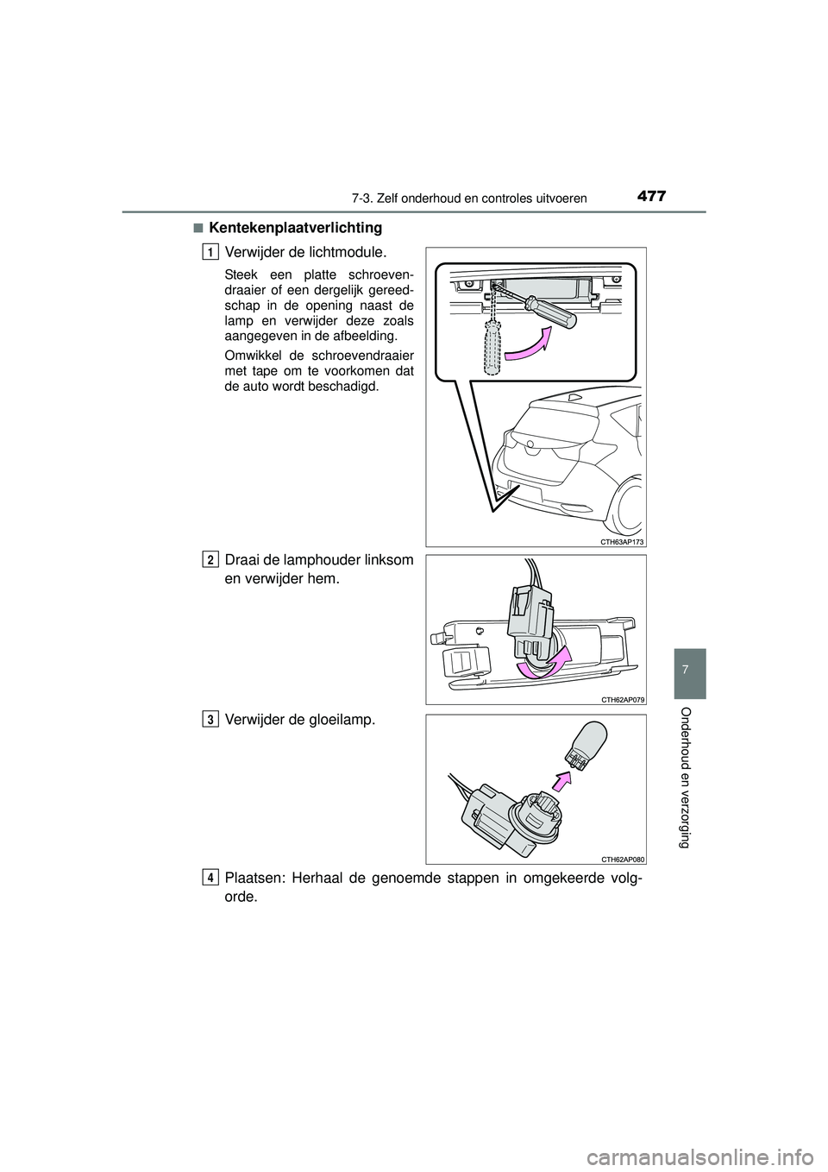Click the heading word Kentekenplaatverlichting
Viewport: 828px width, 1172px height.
295,228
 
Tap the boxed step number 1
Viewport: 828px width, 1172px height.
210,251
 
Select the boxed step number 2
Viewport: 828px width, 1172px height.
210,560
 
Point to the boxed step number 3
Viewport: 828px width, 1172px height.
210,719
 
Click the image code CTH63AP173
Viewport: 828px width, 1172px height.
621,540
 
